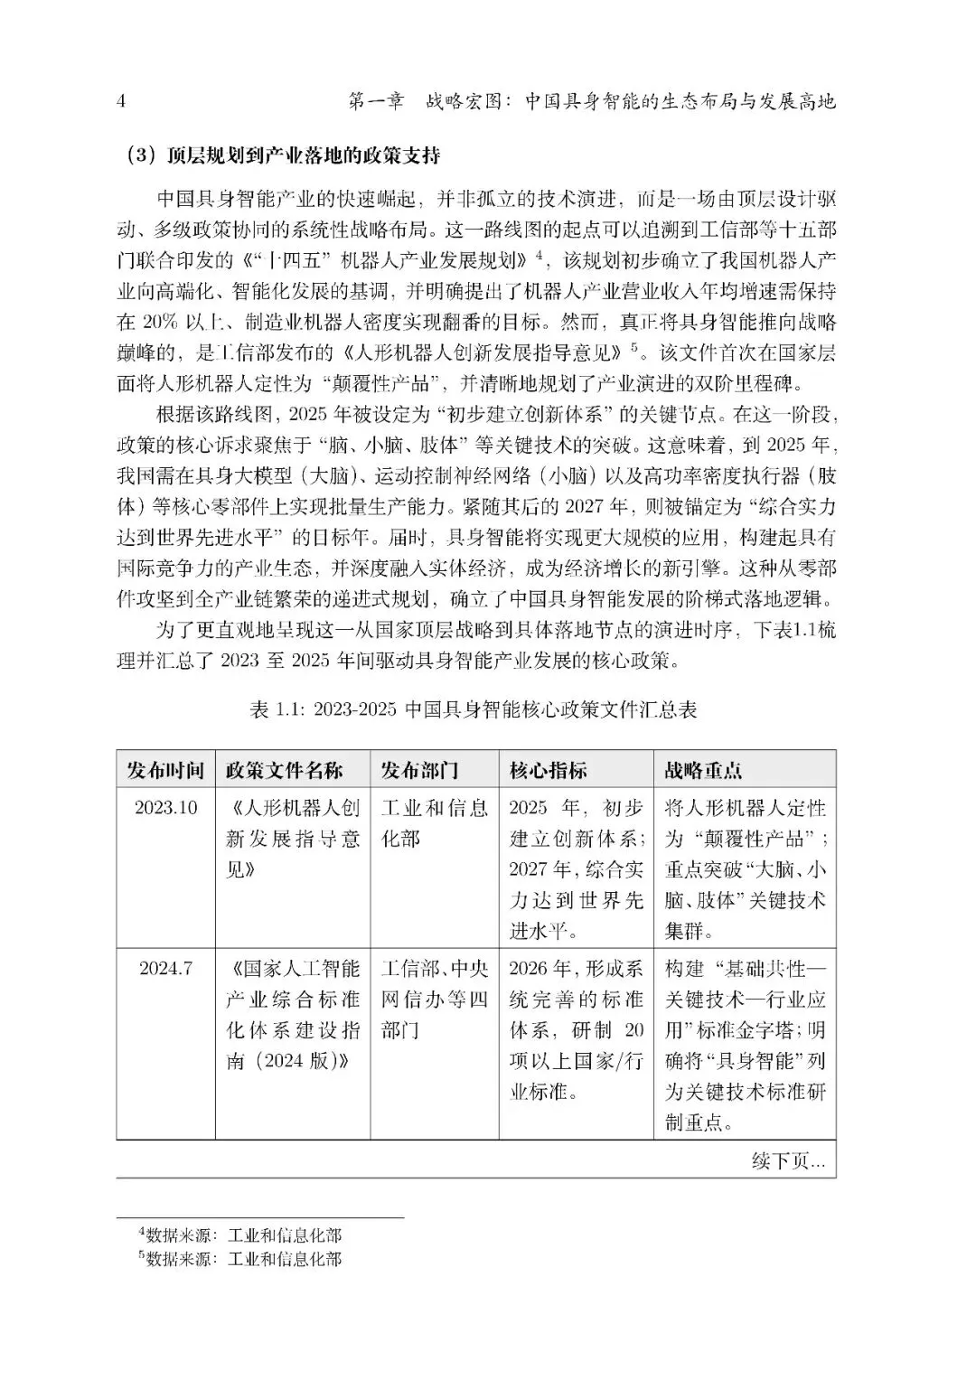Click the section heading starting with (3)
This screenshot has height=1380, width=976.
tap(282, 155)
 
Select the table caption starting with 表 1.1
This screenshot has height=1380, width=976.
tap(474, 709)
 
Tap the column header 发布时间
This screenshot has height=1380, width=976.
tap(165, 770)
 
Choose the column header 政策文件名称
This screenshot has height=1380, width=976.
tap(284, 770)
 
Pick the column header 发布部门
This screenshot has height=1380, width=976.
tap(419, 770)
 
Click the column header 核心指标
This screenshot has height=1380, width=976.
tap(549, 770)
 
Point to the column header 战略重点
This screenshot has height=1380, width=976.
tap(703, 770)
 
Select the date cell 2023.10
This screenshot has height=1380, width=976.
tap(166, 808)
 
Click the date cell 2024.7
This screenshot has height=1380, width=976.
tap(166, 969)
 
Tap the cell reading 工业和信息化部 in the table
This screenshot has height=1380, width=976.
tap(434, 823)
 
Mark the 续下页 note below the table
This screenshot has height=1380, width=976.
tap(788, 1161)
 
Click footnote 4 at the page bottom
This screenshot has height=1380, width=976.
tap(239, 1235)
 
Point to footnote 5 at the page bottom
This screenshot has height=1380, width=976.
tap(239, 1258)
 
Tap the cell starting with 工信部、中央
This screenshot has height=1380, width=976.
tap(434, 1000)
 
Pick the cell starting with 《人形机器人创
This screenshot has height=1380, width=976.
tap(293, 839)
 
